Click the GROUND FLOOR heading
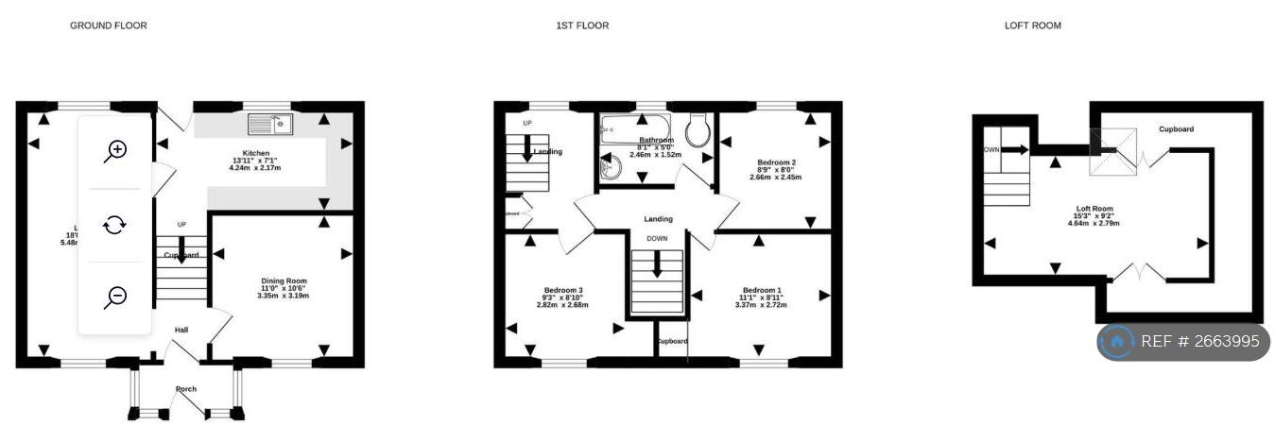pyautogui.click(x=109, y=25)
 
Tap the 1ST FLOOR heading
pyautogui.click(x=582, y=25)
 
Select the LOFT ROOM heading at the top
pyautogui.click(x=1032, y=25)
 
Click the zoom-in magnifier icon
pyautogui.click(x=115, y=150)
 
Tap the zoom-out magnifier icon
pyautogui.click(x=115, y=297)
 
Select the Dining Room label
pyautogui.click(x=284, y=280)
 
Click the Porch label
pyautogui.click(x=185, y=388)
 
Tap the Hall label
pyautogui.click(x=181, y=330)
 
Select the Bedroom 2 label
pyautogui.click(x=775, y=161)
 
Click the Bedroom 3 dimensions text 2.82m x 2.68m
pyautogui.click(x=562, y=305)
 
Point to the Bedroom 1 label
pyautogui.click(x=762, y=290)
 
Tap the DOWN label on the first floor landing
pyautogui.click(x=657, y=239)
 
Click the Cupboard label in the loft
pyautogui.click(x=1176, y=129)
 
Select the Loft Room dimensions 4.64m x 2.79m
pyautogui.click(x=1094, y=224)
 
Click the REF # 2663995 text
pyautogui.click(x=1200, y=342)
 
